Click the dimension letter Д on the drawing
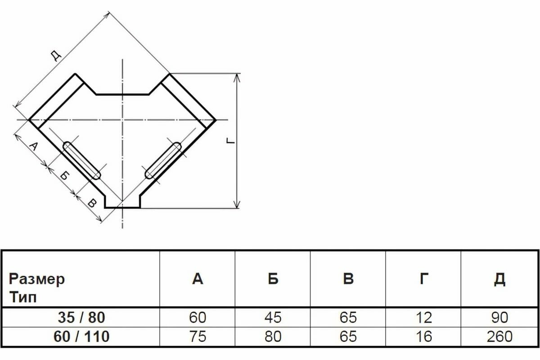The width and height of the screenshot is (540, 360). coord(55,55)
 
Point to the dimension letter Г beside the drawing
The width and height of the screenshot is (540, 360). coord(230,141)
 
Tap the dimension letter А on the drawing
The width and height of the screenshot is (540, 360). coord(33,147)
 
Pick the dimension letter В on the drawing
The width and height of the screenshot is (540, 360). coord(91,203)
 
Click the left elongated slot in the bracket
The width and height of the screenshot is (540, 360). coord(81,160)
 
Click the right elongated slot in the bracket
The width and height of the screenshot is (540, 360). coord(163,160)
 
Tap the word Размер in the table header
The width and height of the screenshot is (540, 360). coord(36,279)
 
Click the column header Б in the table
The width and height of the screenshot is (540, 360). coord(273,279)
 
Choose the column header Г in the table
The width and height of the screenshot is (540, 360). coord(423,279)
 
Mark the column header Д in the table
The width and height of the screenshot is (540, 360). coord(499,279)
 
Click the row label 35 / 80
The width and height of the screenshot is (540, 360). coord(81,318)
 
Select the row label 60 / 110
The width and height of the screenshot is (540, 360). coord(81,336)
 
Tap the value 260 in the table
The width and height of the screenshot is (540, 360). coord(499,336)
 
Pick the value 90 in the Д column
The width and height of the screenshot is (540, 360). coord(499,318)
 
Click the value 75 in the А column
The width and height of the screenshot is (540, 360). coord(198,336)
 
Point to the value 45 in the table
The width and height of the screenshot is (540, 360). coord(273,318)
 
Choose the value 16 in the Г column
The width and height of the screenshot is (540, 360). coord(423,336)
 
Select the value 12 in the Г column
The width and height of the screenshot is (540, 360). coord(423,318)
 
